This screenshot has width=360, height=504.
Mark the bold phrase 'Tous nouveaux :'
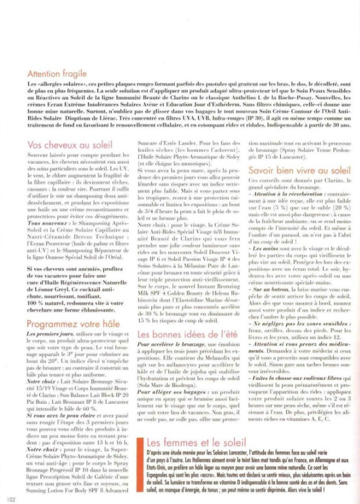(x=45, y=223)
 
